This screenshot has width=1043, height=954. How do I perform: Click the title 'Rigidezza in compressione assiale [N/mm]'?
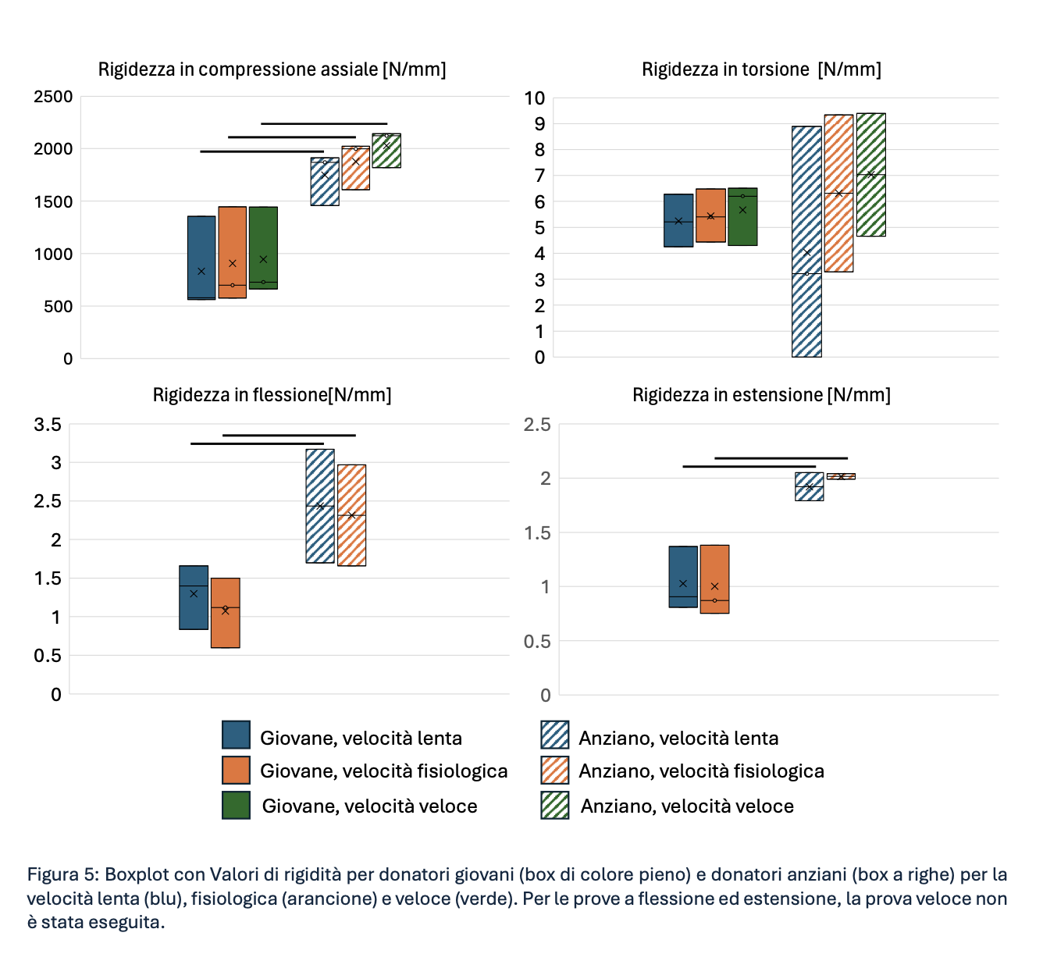point(272,69)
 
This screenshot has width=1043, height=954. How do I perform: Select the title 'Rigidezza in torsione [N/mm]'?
point(761,69)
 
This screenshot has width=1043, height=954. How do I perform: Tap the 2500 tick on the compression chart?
point(53,97)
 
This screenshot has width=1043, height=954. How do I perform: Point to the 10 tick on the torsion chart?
point(535,98)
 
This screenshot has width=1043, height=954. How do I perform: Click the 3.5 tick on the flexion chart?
point(47,425)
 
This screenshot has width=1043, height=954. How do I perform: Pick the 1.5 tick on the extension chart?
point(536,533)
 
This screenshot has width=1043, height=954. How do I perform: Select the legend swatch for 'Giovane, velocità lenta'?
point(236,735)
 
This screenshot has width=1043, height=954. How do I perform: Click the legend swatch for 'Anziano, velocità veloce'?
point(554,805)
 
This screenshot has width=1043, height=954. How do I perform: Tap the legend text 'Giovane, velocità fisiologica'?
point(383,771)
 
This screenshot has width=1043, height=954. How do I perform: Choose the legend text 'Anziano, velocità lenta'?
point(678,739)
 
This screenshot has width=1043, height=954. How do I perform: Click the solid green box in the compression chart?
point(263,247)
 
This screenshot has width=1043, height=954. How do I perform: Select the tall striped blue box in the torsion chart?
point(806,241)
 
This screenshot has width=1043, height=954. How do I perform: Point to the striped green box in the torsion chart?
point(870,175)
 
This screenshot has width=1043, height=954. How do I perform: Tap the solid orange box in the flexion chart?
point(225,613)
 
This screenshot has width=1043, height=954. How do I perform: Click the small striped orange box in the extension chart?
point(841,476)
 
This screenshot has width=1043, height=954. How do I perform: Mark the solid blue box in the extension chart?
point(683,577)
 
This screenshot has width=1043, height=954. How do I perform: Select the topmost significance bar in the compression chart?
point(324,123)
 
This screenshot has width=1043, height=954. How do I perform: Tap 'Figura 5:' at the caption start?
point(62,874)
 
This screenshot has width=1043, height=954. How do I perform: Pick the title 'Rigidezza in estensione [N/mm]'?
point(761,395)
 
